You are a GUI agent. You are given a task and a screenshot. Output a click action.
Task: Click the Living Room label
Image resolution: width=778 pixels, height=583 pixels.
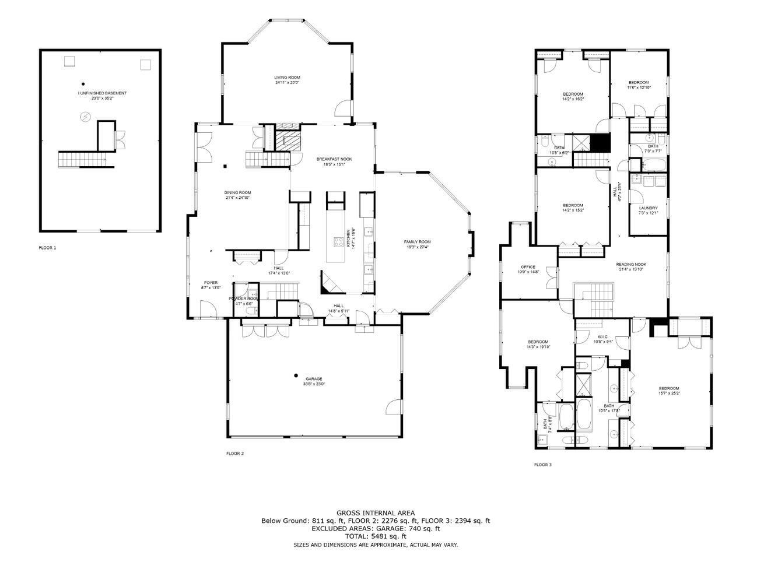tap(287, 78)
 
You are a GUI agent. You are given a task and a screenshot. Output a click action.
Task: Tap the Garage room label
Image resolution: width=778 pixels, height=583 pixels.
tap(313, 379)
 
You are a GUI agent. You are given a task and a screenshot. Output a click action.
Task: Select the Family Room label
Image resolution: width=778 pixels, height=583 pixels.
tap(417, 242)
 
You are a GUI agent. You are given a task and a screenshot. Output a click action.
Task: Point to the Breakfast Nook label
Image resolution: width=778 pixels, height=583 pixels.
tap(334, 159)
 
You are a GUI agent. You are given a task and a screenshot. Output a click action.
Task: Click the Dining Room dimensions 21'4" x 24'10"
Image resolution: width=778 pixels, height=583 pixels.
tap(238, 198)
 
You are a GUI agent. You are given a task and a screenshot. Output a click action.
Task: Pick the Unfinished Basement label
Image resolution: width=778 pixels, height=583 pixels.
tap(102, 93)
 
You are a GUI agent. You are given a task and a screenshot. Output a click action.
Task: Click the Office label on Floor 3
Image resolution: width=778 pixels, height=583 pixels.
tap(528, 267)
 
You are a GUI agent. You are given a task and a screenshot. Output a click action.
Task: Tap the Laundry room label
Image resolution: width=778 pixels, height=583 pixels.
tap(648, 208)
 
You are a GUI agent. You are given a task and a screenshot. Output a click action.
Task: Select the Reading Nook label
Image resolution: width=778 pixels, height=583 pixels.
tap(631, 264)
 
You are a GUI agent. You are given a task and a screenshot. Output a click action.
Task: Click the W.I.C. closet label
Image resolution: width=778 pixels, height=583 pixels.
tap(602, 336)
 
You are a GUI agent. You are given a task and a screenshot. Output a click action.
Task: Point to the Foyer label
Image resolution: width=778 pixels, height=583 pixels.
tap(211, 283)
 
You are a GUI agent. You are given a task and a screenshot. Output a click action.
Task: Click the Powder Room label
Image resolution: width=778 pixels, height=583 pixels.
tap(243, 298)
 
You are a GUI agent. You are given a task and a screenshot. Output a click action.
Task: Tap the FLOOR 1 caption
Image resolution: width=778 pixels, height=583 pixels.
tap(48, 248)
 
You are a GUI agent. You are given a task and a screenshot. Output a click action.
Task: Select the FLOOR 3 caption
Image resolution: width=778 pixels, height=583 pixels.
tap(542, 465)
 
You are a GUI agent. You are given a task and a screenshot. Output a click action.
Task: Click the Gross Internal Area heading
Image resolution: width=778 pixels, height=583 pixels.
tap(376, 513)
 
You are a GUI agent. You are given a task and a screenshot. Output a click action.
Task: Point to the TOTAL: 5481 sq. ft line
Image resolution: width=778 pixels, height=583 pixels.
tap(376, 536)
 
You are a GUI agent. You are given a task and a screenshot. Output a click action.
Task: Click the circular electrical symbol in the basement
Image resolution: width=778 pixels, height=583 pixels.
tap(85, 118)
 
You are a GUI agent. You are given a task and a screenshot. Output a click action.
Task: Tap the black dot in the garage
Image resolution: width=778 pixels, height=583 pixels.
tap(296, 375)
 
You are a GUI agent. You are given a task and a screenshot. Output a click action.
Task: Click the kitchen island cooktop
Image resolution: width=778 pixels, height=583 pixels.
tap(338, 242)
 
